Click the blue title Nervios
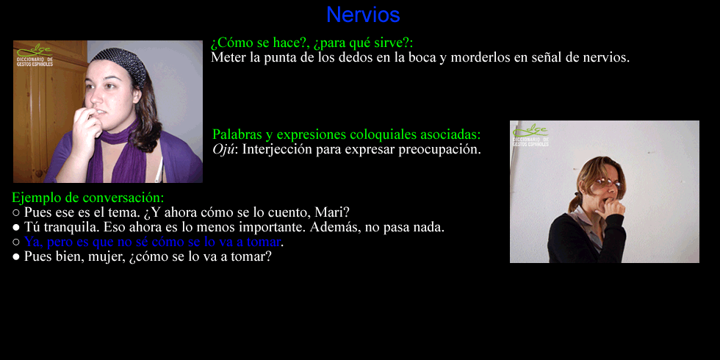(x=363, y=15)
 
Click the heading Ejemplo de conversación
(x=87, y=198)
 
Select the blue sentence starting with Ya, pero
(x=152, y=242)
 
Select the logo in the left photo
(x=35, y=55)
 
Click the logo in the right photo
(x=530, y=135)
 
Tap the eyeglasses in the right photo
(x=609, y=183)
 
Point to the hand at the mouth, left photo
(x=87, y=128)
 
